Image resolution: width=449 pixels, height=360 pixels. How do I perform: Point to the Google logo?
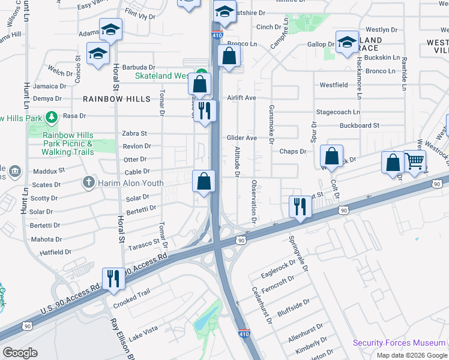pyautogui.click(x=20, y=353)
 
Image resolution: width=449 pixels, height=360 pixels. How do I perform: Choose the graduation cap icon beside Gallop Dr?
pyautogui.click(x=348, y=42)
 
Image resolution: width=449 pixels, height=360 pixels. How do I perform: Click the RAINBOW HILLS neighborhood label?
pyautogui.click(x=116, y=99)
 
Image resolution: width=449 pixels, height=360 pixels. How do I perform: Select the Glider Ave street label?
pyautogui.click(x=242, y=138)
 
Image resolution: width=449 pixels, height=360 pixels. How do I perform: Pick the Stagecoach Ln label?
pyautogui.click(x=338, y=112)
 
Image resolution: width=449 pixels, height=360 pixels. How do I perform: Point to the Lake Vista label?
pyautogui.click(x=143, y=329)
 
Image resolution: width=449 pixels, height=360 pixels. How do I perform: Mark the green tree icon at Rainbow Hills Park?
pyautogui.click(x=52, y=116)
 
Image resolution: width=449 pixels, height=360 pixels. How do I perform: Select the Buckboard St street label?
pyautogui.click(x=359, y=125)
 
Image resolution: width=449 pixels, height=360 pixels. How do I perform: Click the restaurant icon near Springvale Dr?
pyautogui.click(x=300, y=206)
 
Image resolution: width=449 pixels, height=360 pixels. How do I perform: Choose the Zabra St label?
pyautogui.click(x=134, y=133)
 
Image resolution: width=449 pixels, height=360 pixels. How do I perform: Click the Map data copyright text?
pyautogui.click(x=412, y=355)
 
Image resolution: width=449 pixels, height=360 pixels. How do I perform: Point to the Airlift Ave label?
pyautogui.click(x=241, y=98)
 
